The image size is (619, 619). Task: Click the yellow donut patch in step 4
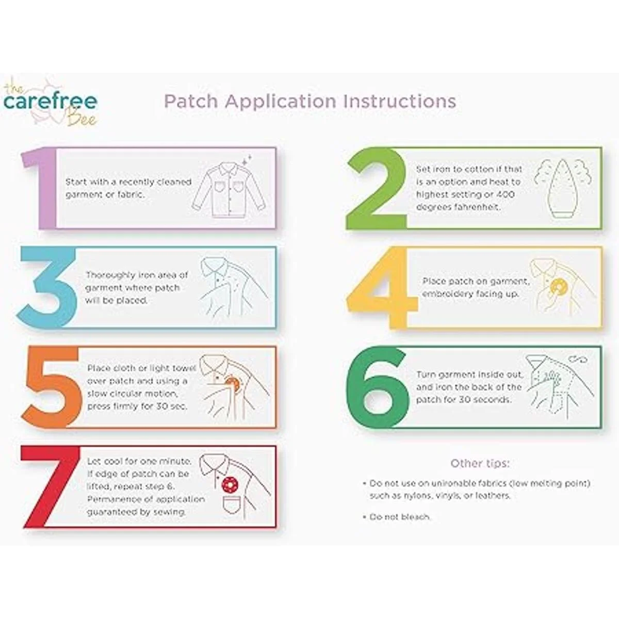point(556,286)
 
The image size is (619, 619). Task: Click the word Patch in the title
point(191,102)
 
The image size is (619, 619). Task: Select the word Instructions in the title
point(399,102)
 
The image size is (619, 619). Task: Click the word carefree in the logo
point(50,102)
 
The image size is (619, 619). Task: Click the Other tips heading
point(480,463)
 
